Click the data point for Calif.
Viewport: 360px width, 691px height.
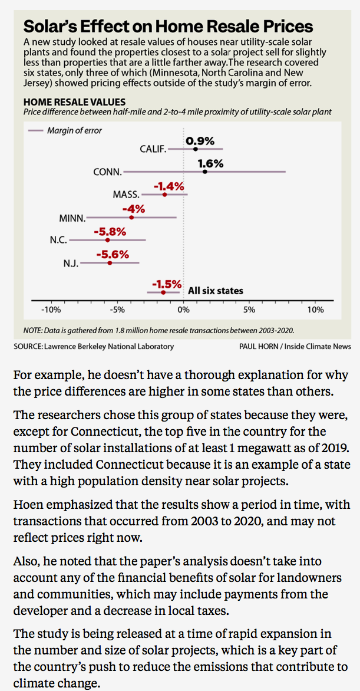[x=196, y=149]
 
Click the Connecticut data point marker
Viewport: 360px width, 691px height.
[x=205, y=172]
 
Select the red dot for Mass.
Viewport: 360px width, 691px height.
[x=164, y=195]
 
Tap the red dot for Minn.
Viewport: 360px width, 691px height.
[x=131, y=218]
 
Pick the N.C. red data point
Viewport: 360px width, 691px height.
[x=107, y=240]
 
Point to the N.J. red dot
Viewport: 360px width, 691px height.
[x=110, y=263]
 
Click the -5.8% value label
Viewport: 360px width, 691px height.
[x=110, y=232]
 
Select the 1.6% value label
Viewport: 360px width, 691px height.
[x=210, y=163]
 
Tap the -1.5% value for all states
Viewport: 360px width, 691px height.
[x=167, y=284]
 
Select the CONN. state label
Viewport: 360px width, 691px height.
[x=107, y=172]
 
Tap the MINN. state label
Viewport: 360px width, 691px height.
[x=72, y=218]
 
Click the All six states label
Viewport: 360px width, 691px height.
[x=215, y=291]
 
